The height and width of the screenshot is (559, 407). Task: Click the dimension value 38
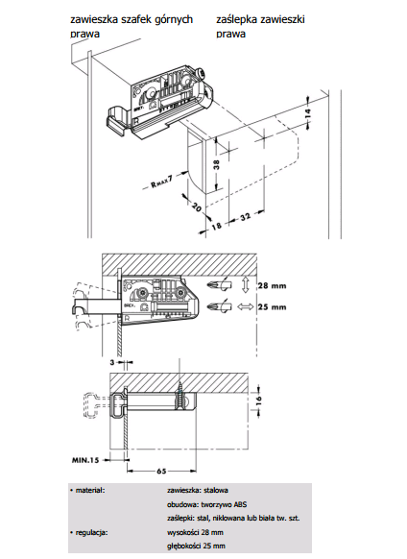pos(216,164)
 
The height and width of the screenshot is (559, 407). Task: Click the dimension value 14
pos(308,113)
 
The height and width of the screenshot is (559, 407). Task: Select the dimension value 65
pos(161,471)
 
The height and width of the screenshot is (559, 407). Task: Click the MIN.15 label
pos(85,460)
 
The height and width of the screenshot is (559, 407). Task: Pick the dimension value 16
pos(259,399)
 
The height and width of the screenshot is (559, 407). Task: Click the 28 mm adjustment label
pos(273,286)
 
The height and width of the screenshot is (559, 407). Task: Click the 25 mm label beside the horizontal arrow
pos(273,307)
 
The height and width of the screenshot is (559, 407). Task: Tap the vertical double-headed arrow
pos(245,285)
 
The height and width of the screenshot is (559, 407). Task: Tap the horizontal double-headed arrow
pos(245,306)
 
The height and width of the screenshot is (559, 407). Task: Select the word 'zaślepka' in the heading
pos(237,19)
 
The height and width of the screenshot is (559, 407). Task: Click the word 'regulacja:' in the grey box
pos(91,533)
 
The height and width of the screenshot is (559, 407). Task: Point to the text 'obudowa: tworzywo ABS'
pos(206,504)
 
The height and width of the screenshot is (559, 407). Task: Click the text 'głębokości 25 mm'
pos(196,546)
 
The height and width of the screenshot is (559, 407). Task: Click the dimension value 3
pos(112,362)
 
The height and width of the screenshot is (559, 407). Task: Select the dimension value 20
pos(197,207)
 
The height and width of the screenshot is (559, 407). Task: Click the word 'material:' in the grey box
pos(90,491)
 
